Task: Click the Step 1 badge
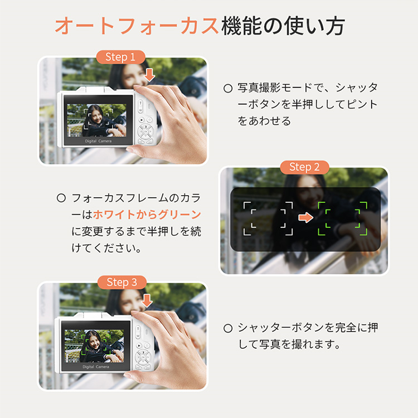point(120,57)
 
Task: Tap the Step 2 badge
point(304,167)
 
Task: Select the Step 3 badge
point(122,283)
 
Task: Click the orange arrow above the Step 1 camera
point(149,75)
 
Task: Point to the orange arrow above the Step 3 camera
point(147,300)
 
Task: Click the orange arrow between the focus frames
point(305,217)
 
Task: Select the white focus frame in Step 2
point(268,218)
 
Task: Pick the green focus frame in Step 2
point(343,218)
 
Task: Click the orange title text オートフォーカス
point(137,26)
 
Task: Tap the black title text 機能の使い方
point(283,26)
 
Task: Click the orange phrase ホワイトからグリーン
point(147,215)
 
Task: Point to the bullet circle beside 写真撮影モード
point(228,89)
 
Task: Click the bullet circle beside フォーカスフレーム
point(61,198)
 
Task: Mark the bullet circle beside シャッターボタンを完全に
point(228,328)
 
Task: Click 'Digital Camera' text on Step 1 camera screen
point(98,141)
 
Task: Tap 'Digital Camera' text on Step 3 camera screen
point(96,367)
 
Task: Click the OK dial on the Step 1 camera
point(145,132)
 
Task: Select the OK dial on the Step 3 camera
point(143,357)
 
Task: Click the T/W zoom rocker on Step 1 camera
point(140,106)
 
